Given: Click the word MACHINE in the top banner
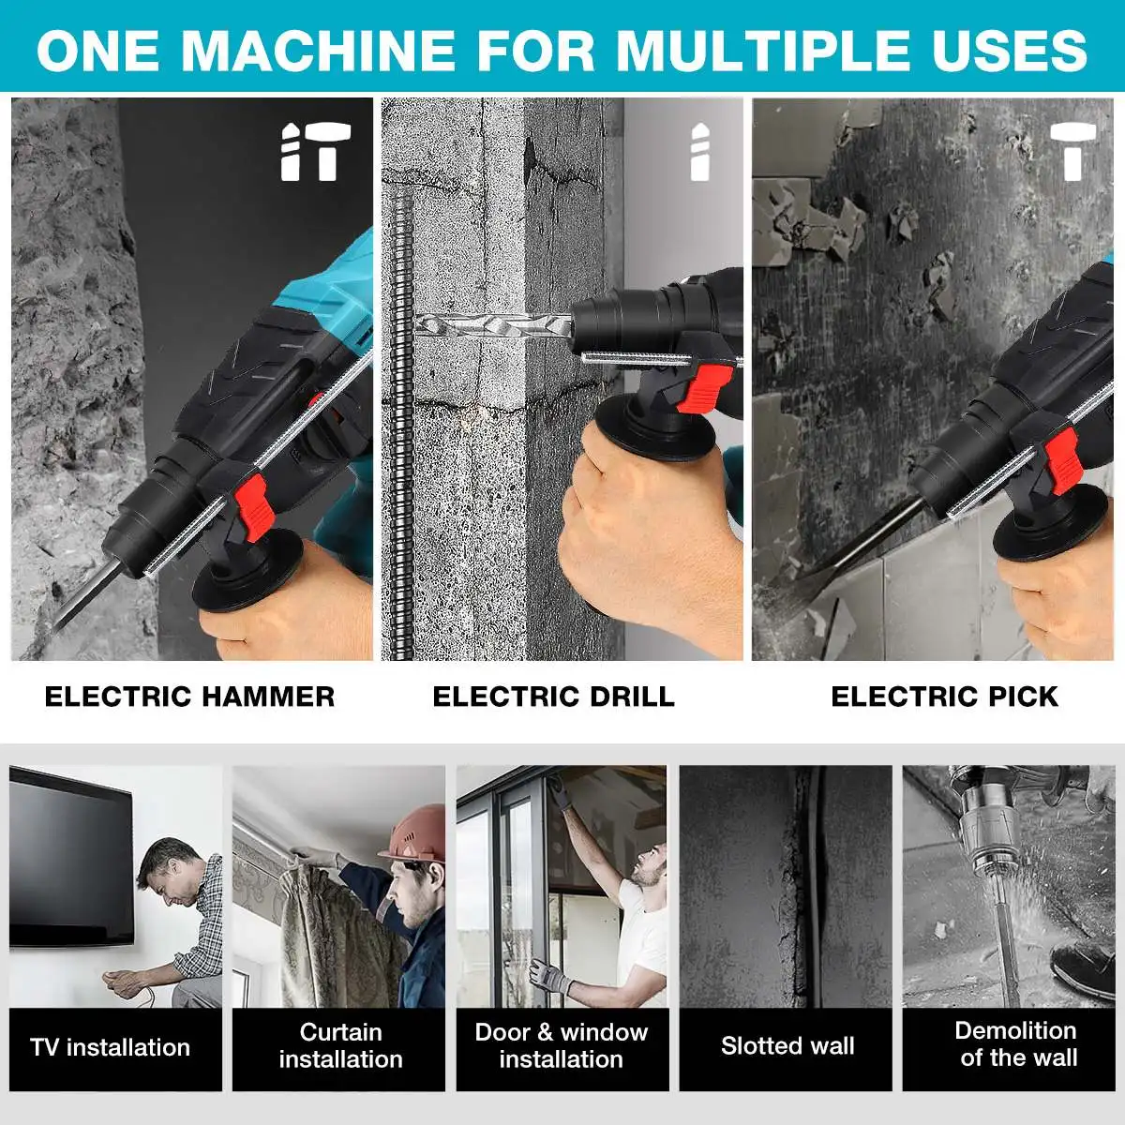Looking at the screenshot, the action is click(318, 51).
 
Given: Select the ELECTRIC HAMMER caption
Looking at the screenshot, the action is click(189, 697).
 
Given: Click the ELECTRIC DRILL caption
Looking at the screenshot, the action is click(553, 697).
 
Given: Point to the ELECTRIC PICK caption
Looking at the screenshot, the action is click(945, 697).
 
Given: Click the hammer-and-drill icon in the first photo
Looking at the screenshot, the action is click(316, 152).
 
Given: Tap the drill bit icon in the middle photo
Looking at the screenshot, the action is click(700, 152).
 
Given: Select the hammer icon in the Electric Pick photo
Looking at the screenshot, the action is click(1073, 152).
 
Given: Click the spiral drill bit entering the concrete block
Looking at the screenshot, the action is click(493, 324).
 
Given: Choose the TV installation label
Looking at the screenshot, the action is click(111, 1047).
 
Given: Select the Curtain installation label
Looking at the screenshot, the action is click(341, 1045).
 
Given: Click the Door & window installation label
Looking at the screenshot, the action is click(561, 1045).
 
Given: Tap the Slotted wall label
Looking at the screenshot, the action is click(787, 1045).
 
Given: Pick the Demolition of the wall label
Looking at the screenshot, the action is click(1016, 1043).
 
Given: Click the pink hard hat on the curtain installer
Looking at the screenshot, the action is click(413, 833).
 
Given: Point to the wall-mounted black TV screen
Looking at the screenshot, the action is click(71, 855).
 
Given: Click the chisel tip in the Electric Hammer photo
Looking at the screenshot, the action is click(55, 628).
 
